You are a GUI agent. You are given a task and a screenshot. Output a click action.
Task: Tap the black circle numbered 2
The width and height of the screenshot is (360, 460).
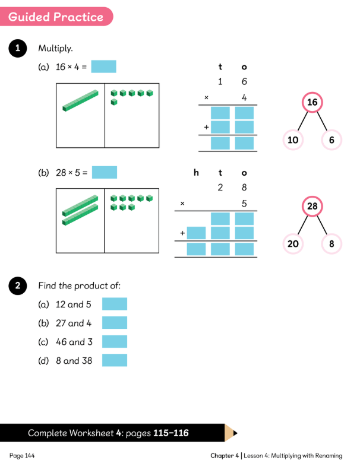[17, 287]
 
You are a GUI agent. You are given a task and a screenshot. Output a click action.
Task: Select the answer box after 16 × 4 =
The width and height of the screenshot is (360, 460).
[104, 66]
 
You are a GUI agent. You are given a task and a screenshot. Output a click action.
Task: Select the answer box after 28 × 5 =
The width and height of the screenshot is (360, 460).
[105, 173]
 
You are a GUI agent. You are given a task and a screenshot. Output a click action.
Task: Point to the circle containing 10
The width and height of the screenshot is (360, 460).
[293, 140]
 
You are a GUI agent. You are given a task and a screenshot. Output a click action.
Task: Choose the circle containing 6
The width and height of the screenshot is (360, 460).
[331, 140]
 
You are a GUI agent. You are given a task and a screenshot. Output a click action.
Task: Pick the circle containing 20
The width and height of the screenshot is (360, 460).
[293, 243]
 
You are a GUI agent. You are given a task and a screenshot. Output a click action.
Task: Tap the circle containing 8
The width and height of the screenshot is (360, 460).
[331, 243]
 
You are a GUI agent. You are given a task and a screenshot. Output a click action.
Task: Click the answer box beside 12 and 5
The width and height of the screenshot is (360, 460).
[115, 304]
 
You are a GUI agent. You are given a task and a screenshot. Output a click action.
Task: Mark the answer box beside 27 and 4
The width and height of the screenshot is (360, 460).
[115, 323]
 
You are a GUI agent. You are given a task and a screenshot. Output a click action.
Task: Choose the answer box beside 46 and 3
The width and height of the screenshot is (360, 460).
[115, 341]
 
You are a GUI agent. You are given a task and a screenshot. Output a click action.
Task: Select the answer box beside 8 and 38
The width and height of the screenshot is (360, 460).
[115, 360]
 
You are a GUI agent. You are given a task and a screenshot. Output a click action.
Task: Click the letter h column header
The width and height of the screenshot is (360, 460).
[196, 173]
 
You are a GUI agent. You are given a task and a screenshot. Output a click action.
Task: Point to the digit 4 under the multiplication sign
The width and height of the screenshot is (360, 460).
[244, 97]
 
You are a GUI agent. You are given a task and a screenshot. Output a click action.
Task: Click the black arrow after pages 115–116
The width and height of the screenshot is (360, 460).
[235, 433]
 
